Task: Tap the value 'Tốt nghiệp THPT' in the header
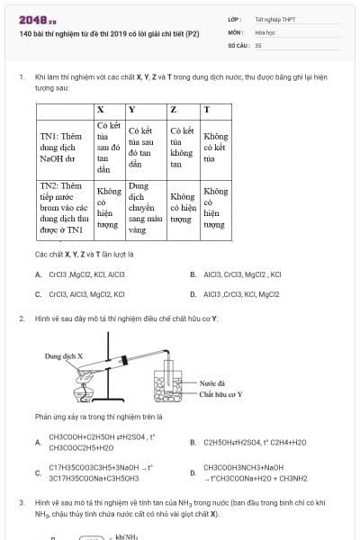click(x=274, y=18)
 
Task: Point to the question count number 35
click(x=258, y=44)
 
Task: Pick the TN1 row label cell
click(x=63, y=148)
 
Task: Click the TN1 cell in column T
click(x=215, y=148)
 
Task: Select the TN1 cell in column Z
click(x=182, y=148)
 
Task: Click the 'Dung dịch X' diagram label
click(x=64, y=356)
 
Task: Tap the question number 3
click(x=21, y=500)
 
